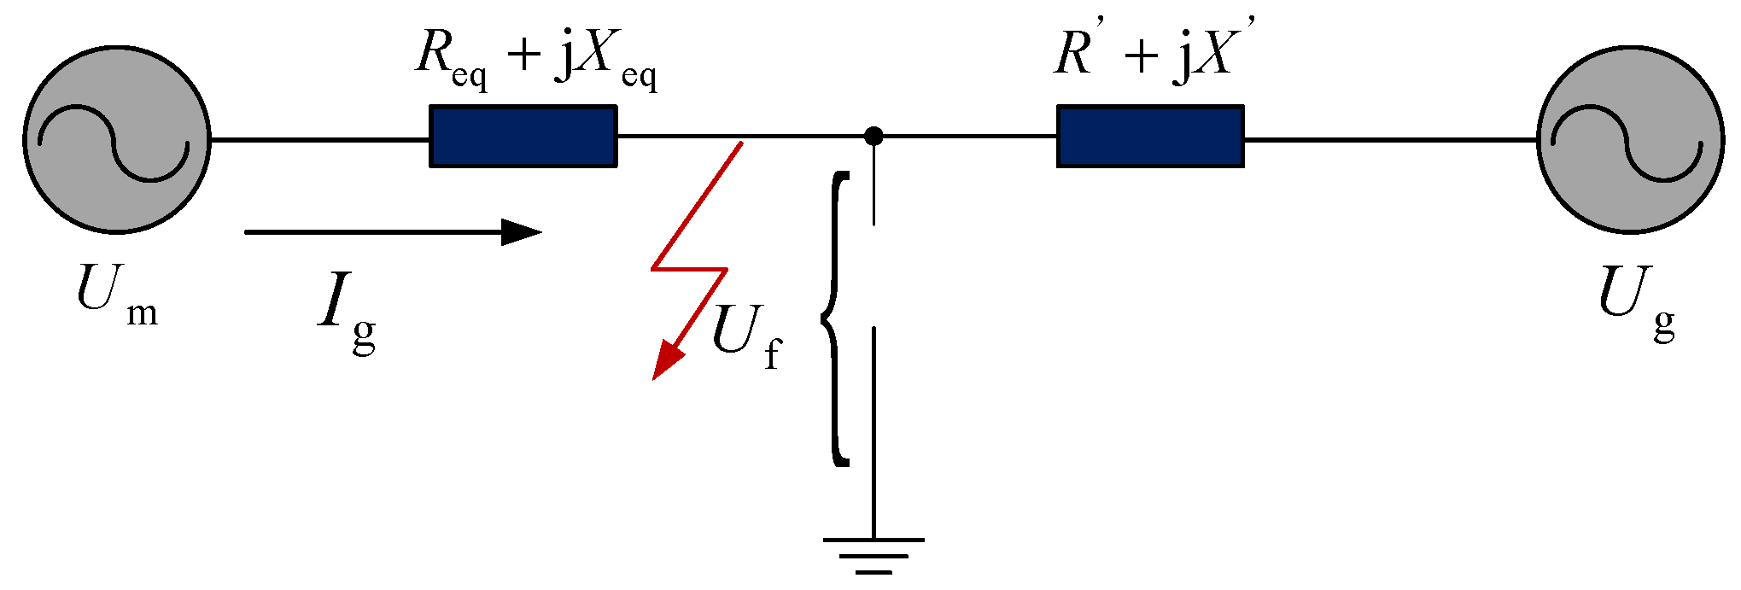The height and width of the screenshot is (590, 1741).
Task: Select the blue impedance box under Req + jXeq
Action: pyautogui.click(x=523, y=137)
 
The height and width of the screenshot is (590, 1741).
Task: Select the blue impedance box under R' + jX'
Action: pyautogui.click(x=1150, y=137)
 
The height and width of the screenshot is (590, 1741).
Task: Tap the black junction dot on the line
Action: pyautogui.click(x=873, y=136)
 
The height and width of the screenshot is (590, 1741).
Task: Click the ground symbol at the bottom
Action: pyautogui.click(x=873, y=555)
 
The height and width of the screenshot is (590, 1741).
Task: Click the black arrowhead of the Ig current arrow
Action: pyautogui.click(x=521, y=231)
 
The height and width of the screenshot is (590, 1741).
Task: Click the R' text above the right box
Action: pyautogui.click(x=1078, y=53)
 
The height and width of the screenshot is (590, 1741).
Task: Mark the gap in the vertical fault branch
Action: pyautogui.click(x=873, y=275)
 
